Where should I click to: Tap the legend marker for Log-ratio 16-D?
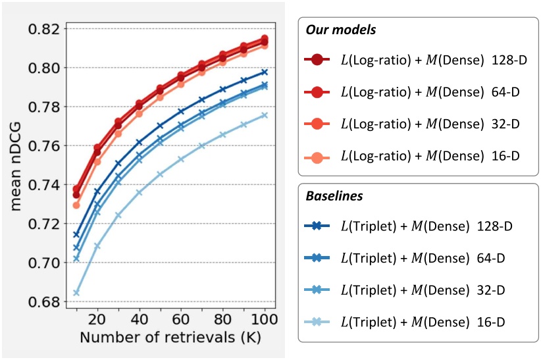click(x=317, y=155)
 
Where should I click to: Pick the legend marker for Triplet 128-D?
click(x=317, y=226)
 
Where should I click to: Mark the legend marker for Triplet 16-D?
click(x=317, y=321)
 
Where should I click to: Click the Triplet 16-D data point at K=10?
click(x=76, y=293)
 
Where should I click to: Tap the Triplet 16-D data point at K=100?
click(x=264, y=115)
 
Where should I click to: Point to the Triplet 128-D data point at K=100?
click(x=264, y=72)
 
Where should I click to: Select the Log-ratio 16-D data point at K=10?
click(x=76, y=205)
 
